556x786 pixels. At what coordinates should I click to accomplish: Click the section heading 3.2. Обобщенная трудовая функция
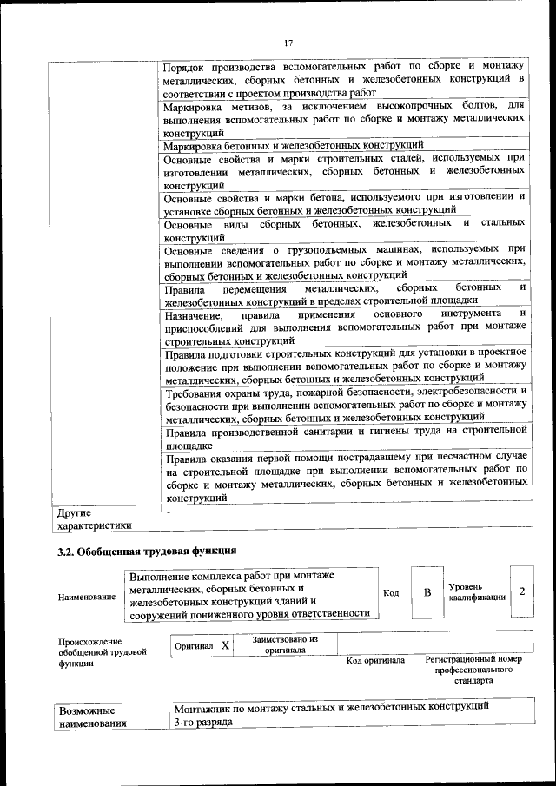click(x=148, y=551)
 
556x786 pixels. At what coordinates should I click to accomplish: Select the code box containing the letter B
click(x=427, y=592)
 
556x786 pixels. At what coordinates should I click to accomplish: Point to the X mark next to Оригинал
click(x=225, y=646)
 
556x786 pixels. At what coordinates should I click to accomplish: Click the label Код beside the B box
click(x=391, y=592)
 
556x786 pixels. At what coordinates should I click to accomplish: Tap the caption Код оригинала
click(x=375, y=661)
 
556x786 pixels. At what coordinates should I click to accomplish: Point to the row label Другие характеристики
click(x=94, y=518)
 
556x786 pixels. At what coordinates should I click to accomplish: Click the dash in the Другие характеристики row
click(x=169, y=512)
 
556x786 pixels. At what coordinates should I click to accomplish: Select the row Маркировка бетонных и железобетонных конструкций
click(x=294, y=145)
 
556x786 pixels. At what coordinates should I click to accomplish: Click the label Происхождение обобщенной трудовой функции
click(x=94, y=652)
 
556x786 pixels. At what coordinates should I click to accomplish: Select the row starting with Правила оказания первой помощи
click(x=345, y=478)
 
